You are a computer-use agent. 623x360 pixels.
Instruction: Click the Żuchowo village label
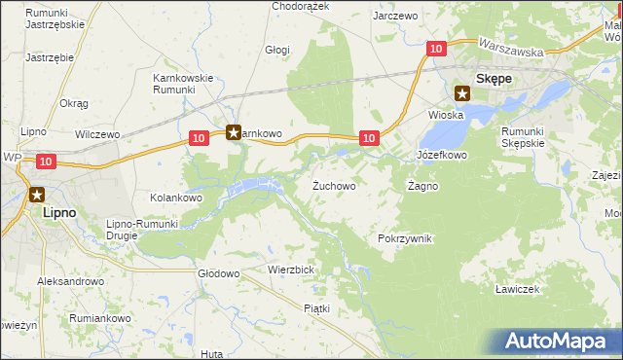333,185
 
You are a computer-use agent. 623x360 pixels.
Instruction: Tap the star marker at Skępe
462,94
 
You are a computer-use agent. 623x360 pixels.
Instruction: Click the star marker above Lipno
37,194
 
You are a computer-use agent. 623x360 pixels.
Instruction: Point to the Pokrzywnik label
404,238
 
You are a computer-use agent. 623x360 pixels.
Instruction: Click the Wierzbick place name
290,269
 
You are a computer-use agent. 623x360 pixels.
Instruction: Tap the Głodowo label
218,274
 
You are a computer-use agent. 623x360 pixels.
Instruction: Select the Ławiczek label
516,289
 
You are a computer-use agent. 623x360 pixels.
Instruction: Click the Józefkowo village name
442,155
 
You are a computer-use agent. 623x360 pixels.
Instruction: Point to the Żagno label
422,185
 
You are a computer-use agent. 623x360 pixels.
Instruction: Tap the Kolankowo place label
175,198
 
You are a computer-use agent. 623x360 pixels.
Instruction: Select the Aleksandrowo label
70,281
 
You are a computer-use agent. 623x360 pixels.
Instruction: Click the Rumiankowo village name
100,318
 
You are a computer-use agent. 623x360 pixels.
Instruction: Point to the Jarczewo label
395,16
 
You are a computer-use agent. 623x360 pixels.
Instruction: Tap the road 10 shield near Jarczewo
436,48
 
